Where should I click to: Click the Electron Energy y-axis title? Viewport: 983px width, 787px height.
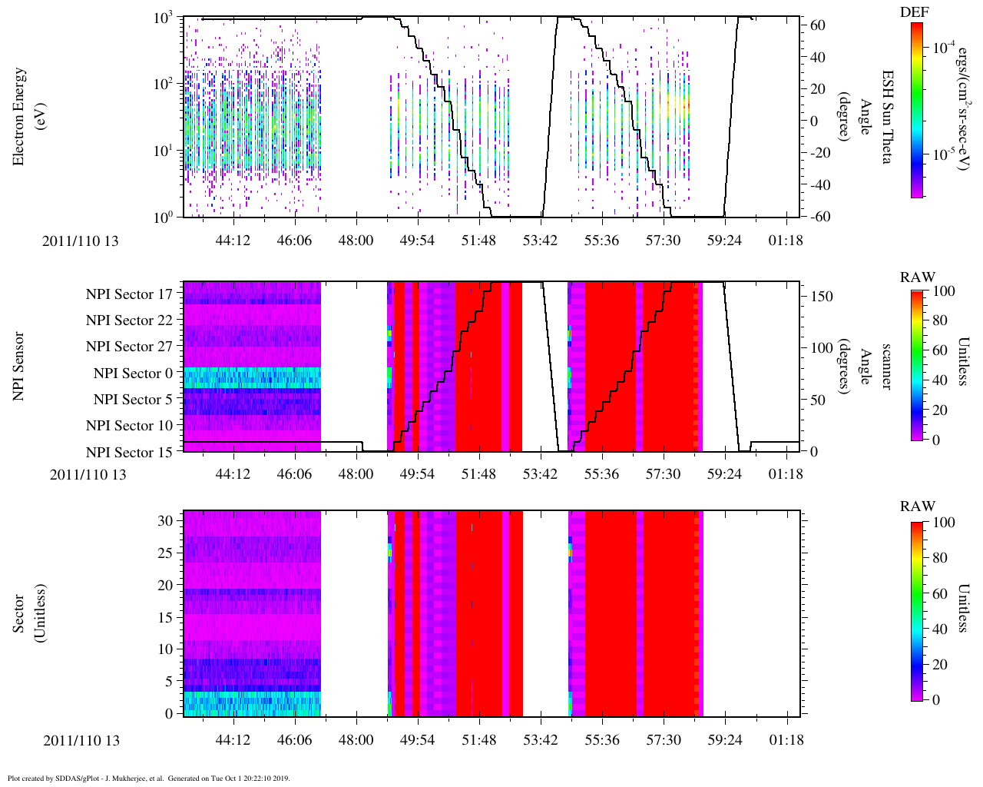pyautogui.click(x=25, y=117)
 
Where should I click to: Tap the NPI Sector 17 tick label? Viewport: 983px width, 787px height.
pyautogui.click(x=129, y=294)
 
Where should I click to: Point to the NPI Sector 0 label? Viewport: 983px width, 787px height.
pyautogui.click(x=133, y=374)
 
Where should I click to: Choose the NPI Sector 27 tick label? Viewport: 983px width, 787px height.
pyautogui.click(x=129, y=347)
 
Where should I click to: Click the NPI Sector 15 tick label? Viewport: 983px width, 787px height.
pyautogui.click(x=129, y=452)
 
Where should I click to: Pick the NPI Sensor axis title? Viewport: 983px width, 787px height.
pyautogui.click(x=19, y=366)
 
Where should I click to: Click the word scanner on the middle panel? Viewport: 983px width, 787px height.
pyautogui.click(x=885, y=366)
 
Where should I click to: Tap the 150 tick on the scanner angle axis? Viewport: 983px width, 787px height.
pyautogui.click(x=822, y=297)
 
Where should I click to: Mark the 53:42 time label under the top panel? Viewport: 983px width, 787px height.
pyautogui.click(x=540, y=241)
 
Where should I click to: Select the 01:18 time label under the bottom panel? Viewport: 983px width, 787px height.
pyautogui.click(x=786, y=740)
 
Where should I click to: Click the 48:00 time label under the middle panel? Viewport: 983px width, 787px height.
pyautogui.click(x=356, y=474)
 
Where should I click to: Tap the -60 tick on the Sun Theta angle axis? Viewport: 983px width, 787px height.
pyautogui.click(x=817, y=217)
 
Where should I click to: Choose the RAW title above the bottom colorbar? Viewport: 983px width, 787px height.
pyautogui.click(x=918, y=506)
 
